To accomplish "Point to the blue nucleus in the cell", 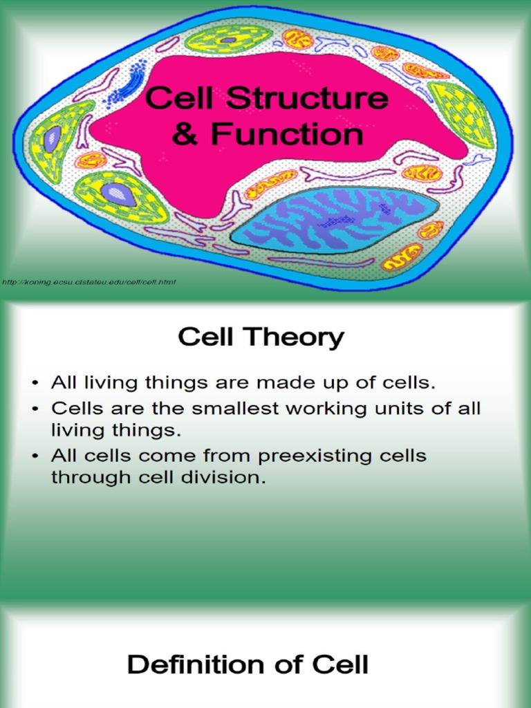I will coord(335,221).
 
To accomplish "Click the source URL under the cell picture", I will coord(89,282).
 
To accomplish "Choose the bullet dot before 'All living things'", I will coord(35,382).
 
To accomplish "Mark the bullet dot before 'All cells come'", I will coord(35,456).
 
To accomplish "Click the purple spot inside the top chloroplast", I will coord(227,41).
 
